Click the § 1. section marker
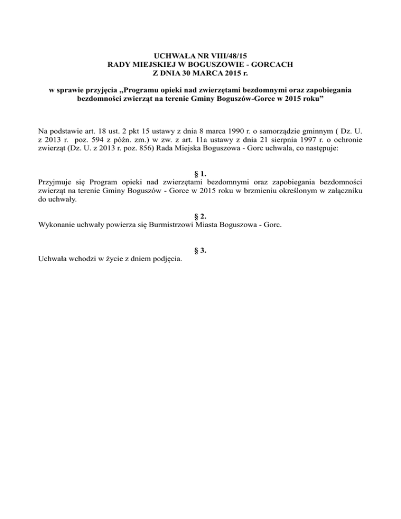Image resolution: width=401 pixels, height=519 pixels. pos(200,174)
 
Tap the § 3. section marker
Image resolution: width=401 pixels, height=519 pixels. pos(200,251)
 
